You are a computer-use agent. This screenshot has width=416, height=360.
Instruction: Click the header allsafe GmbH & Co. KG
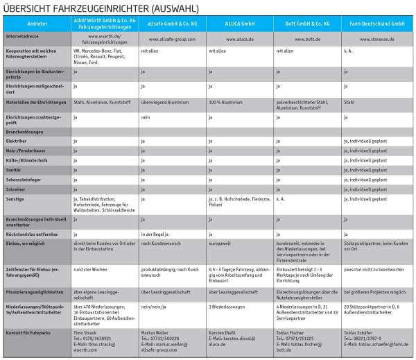tap(172, 23)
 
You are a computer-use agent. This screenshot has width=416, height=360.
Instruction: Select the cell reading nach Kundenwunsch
tap(161, 244)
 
